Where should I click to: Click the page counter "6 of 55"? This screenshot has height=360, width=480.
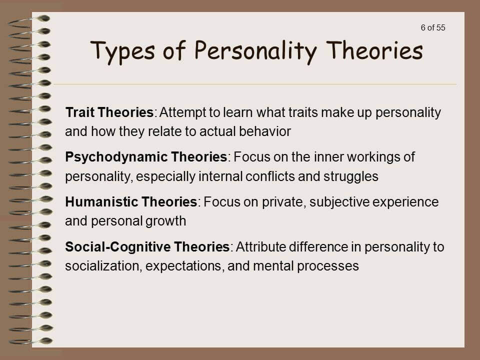433,27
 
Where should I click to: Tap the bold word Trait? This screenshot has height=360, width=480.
80,112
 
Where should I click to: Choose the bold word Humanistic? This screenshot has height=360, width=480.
98,202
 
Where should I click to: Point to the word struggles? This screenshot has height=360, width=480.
353,177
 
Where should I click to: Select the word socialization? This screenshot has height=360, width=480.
102,266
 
